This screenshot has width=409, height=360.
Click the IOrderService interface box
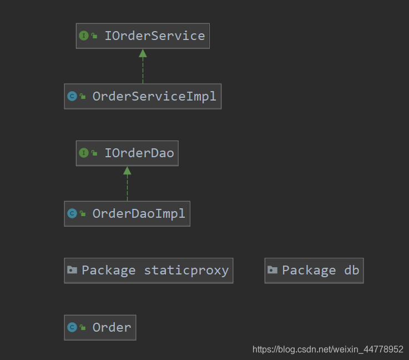tap(143, 36)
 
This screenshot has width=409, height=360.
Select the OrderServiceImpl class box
tap(143, 96)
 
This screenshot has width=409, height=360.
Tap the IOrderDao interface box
tap(127, 153)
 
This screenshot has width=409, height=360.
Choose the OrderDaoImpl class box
tap(127, 213)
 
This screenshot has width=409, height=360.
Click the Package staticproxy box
tap(148, 271)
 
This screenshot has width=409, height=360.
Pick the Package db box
tap(314, 271)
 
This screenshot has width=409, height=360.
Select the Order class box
tap(100, 327)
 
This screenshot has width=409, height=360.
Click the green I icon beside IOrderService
tap(84, 36)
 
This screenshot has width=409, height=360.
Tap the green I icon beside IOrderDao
tap(84, 153)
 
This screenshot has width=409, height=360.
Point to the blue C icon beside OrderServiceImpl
tap(72, 96)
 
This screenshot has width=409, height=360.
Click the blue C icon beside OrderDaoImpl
tap(72, 213)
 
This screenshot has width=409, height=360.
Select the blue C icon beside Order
tap(72, 327)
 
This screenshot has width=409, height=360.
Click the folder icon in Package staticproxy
tap(72, 271)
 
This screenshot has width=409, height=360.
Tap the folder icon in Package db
tap(272, 271)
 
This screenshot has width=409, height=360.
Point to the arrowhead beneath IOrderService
tap(143, 53)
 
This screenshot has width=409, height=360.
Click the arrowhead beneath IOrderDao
tap(127, 170)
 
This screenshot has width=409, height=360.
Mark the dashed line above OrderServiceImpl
tap(143, 71)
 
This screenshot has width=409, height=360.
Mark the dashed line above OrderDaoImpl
tap(127, 188)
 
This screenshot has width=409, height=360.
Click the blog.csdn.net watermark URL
tap(328, 349)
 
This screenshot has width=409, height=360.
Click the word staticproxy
tap(186, 271)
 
